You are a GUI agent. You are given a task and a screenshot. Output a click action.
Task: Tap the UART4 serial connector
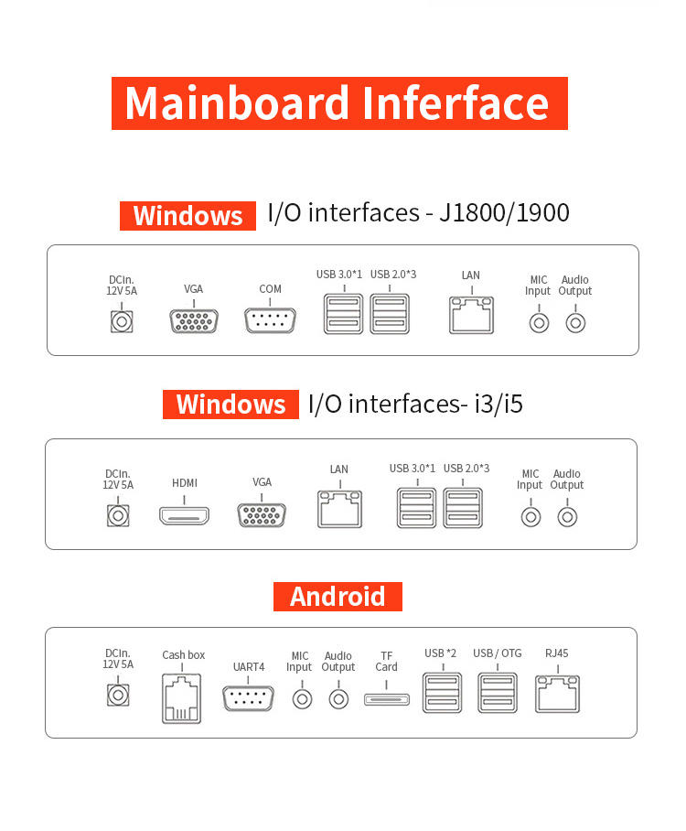click(248, 698)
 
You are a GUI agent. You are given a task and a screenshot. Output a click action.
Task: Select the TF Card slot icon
click(387, 700)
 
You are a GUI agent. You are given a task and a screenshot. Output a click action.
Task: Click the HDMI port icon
click(184, 515)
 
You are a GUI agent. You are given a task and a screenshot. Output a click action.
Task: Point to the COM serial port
click(270, 321)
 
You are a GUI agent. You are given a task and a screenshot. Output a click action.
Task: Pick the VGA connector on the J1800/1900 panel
click(193, 321)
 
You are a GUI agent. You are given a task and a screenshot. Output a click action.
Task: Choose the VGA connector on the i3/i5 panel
click(262, 514)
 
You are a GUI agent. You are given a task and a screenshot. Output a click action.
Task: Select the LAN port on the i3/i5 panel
click(338, 508)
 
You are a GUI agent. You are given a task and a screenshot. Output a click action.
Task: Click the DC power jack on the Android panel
click(118, 696)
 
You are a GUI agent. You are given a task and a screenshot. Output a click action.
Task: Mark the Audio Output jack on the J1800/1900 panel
click(575, 322)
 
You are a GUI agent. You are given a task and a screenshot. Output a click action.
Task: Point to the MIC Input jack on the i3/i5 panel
click(530, 516)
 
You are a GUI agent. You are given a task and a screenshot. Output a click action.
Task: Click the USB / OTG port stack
click(497, 695)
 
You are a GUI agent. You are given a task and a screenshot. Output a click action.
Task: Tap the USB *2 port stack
click(440, 695)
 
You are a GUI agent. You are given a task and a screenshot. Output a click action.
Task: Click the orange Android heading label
click(338, 597)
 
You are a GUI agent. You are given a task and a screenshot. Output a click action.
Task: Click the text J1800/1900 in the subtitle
click(504, 213)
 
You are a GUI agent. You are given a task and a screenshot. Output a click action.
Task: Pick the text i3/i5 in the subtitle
click(498, 404)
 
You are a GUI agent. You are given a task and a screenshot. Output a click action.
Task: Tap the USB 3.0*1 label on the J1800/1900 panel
click(339, 275)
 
